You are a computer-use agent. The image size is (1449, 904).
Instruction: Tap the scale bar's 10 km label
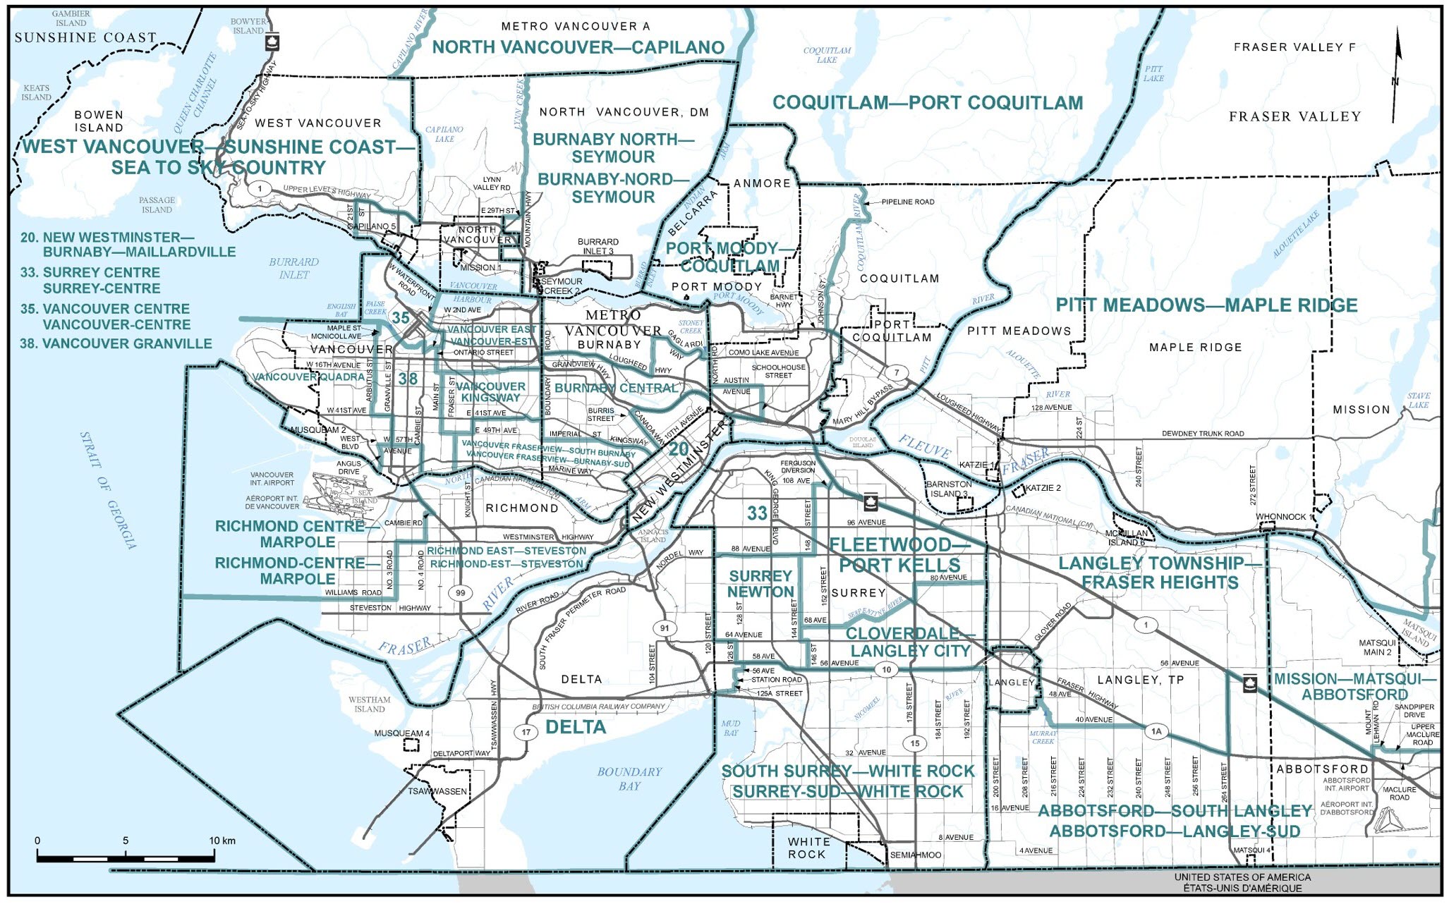(223, 841)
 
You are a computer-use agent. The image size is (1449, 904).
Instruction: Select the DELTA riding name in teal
(576, 727)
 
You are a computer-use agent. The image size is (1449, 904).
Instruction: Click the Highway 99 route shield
(461, 593)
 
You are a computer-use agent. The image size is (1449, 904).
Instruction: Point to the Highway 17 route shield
(526, 732)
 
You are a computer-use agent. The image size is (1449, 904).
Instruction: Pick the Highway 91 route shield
(664, 628)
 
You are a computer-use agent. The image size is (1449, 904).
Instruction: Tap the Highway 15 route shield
(915, 743)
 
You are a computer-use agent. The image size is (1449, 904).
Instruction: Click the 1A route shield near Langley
(1156, 731)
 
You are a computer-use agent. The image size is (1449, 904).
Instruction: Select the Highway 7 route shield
(897, 372)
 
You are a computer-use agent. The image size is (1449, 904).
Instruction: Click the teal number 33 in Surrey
(757, 513)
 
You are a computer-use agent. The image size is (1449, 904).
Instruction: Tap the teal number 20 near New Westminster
(679, 449)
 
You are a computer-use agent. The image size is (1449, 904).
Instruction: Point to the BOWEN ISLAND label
(99, 121)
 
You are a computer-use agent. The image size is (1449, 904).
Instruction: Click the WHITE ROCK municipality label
(808, 848)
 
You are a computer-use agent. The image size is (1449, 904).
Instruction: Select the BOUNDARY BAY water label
(629, 778)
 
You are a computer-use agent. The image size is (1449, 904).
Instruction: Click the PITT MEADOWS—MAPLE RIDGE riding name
(1206, 305)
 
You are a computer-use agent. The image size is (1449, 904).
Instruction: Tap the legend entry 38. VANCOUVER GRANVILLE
(116, 344)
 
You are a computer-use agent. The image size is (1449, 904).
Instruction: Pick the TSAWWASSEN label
(437, 791)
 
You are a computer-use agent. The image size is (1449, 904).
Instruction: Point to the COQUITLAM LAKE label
(827, 55)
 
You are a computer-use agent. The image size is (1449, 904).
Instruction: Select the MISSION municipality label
(1361, 410)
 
